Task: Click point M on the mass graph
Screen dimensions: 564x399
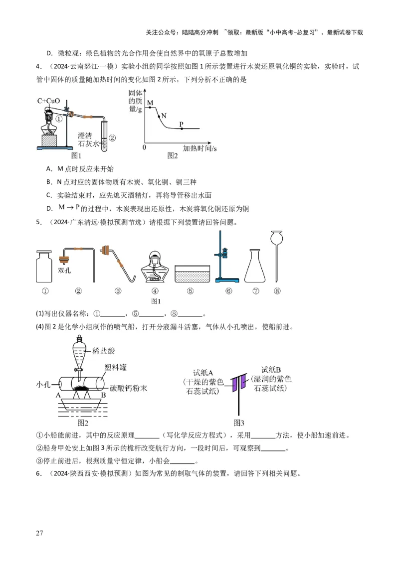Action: pos(151,108)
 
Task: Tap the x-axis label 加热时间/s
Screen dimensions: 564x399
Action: pos(199,148)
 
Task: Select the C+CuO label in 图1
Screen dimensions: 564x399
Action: pos(48,101)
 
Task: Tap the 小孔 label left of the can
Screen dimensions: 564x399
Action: pos(44,385)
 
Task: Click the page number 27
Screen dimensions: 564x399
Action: pos(40,534)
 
